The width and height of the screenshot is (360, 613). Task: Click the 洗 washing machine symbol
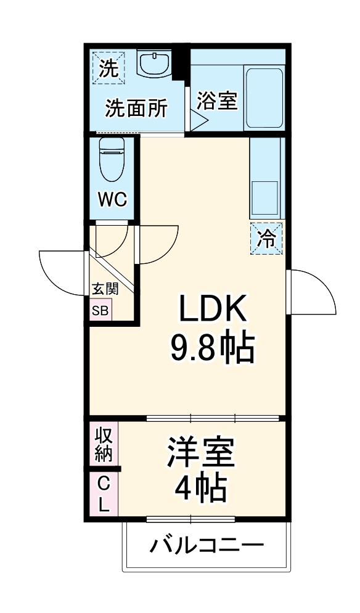109,67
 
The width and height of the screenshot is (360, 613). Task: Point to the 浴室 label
217,101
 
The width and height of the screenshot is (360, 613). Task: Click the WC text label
112,200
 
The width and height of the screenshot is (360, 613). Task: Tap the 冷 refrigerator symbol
266,237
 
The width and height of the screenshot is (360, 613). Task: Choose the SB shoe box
100,310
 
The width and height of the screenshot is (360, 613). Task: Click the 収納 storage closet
103,445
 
